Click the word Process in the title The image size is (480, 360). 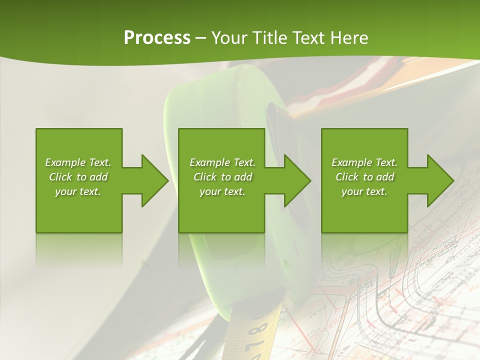click(x=157, y=38)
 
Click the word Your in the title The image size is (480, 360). click(x=229, y=38)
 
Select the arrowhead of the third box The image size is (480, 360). click(x=440, y=180)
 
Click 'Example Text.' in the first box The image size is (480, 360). click(x=78, y=162)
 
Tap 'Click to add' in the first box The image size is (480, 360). click(x=78, y=177)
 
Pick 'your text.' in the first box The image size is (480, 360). click(x=78, y=191)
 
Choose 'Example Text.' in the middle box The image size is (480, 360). click(x=222, y=162)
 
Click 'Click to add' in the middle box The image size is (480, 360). click(x=222, y=177)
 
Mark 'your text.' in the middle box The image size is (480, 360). click(x=222, y=191)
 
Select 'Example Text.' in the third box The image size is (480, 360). click(x=364, y=162)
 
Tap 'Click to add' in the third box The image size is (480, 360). click(x=364, y=177)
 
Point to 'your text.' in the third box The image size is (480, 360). click(x=364, y=191)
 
